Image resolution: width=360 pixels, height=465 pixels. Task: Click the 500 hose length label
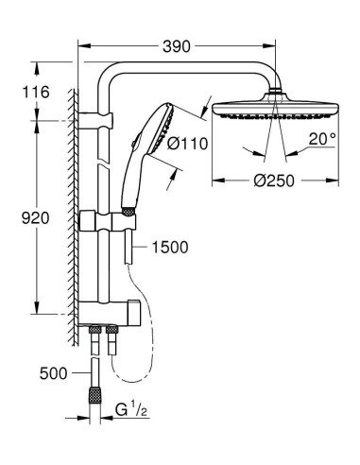pyautogui.click(x=55, y=373)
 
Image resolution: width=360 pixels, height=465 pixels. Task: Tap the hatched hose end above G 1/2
pyautogui.click(x=96, y=389)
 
